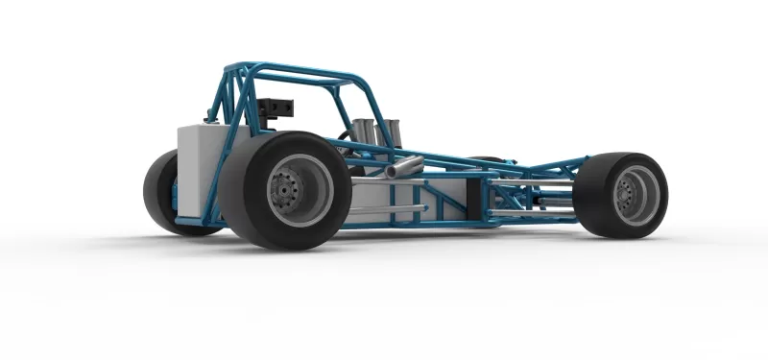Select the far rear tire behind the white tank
(159, 192)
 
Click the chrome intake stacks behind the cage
(374, 132)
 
